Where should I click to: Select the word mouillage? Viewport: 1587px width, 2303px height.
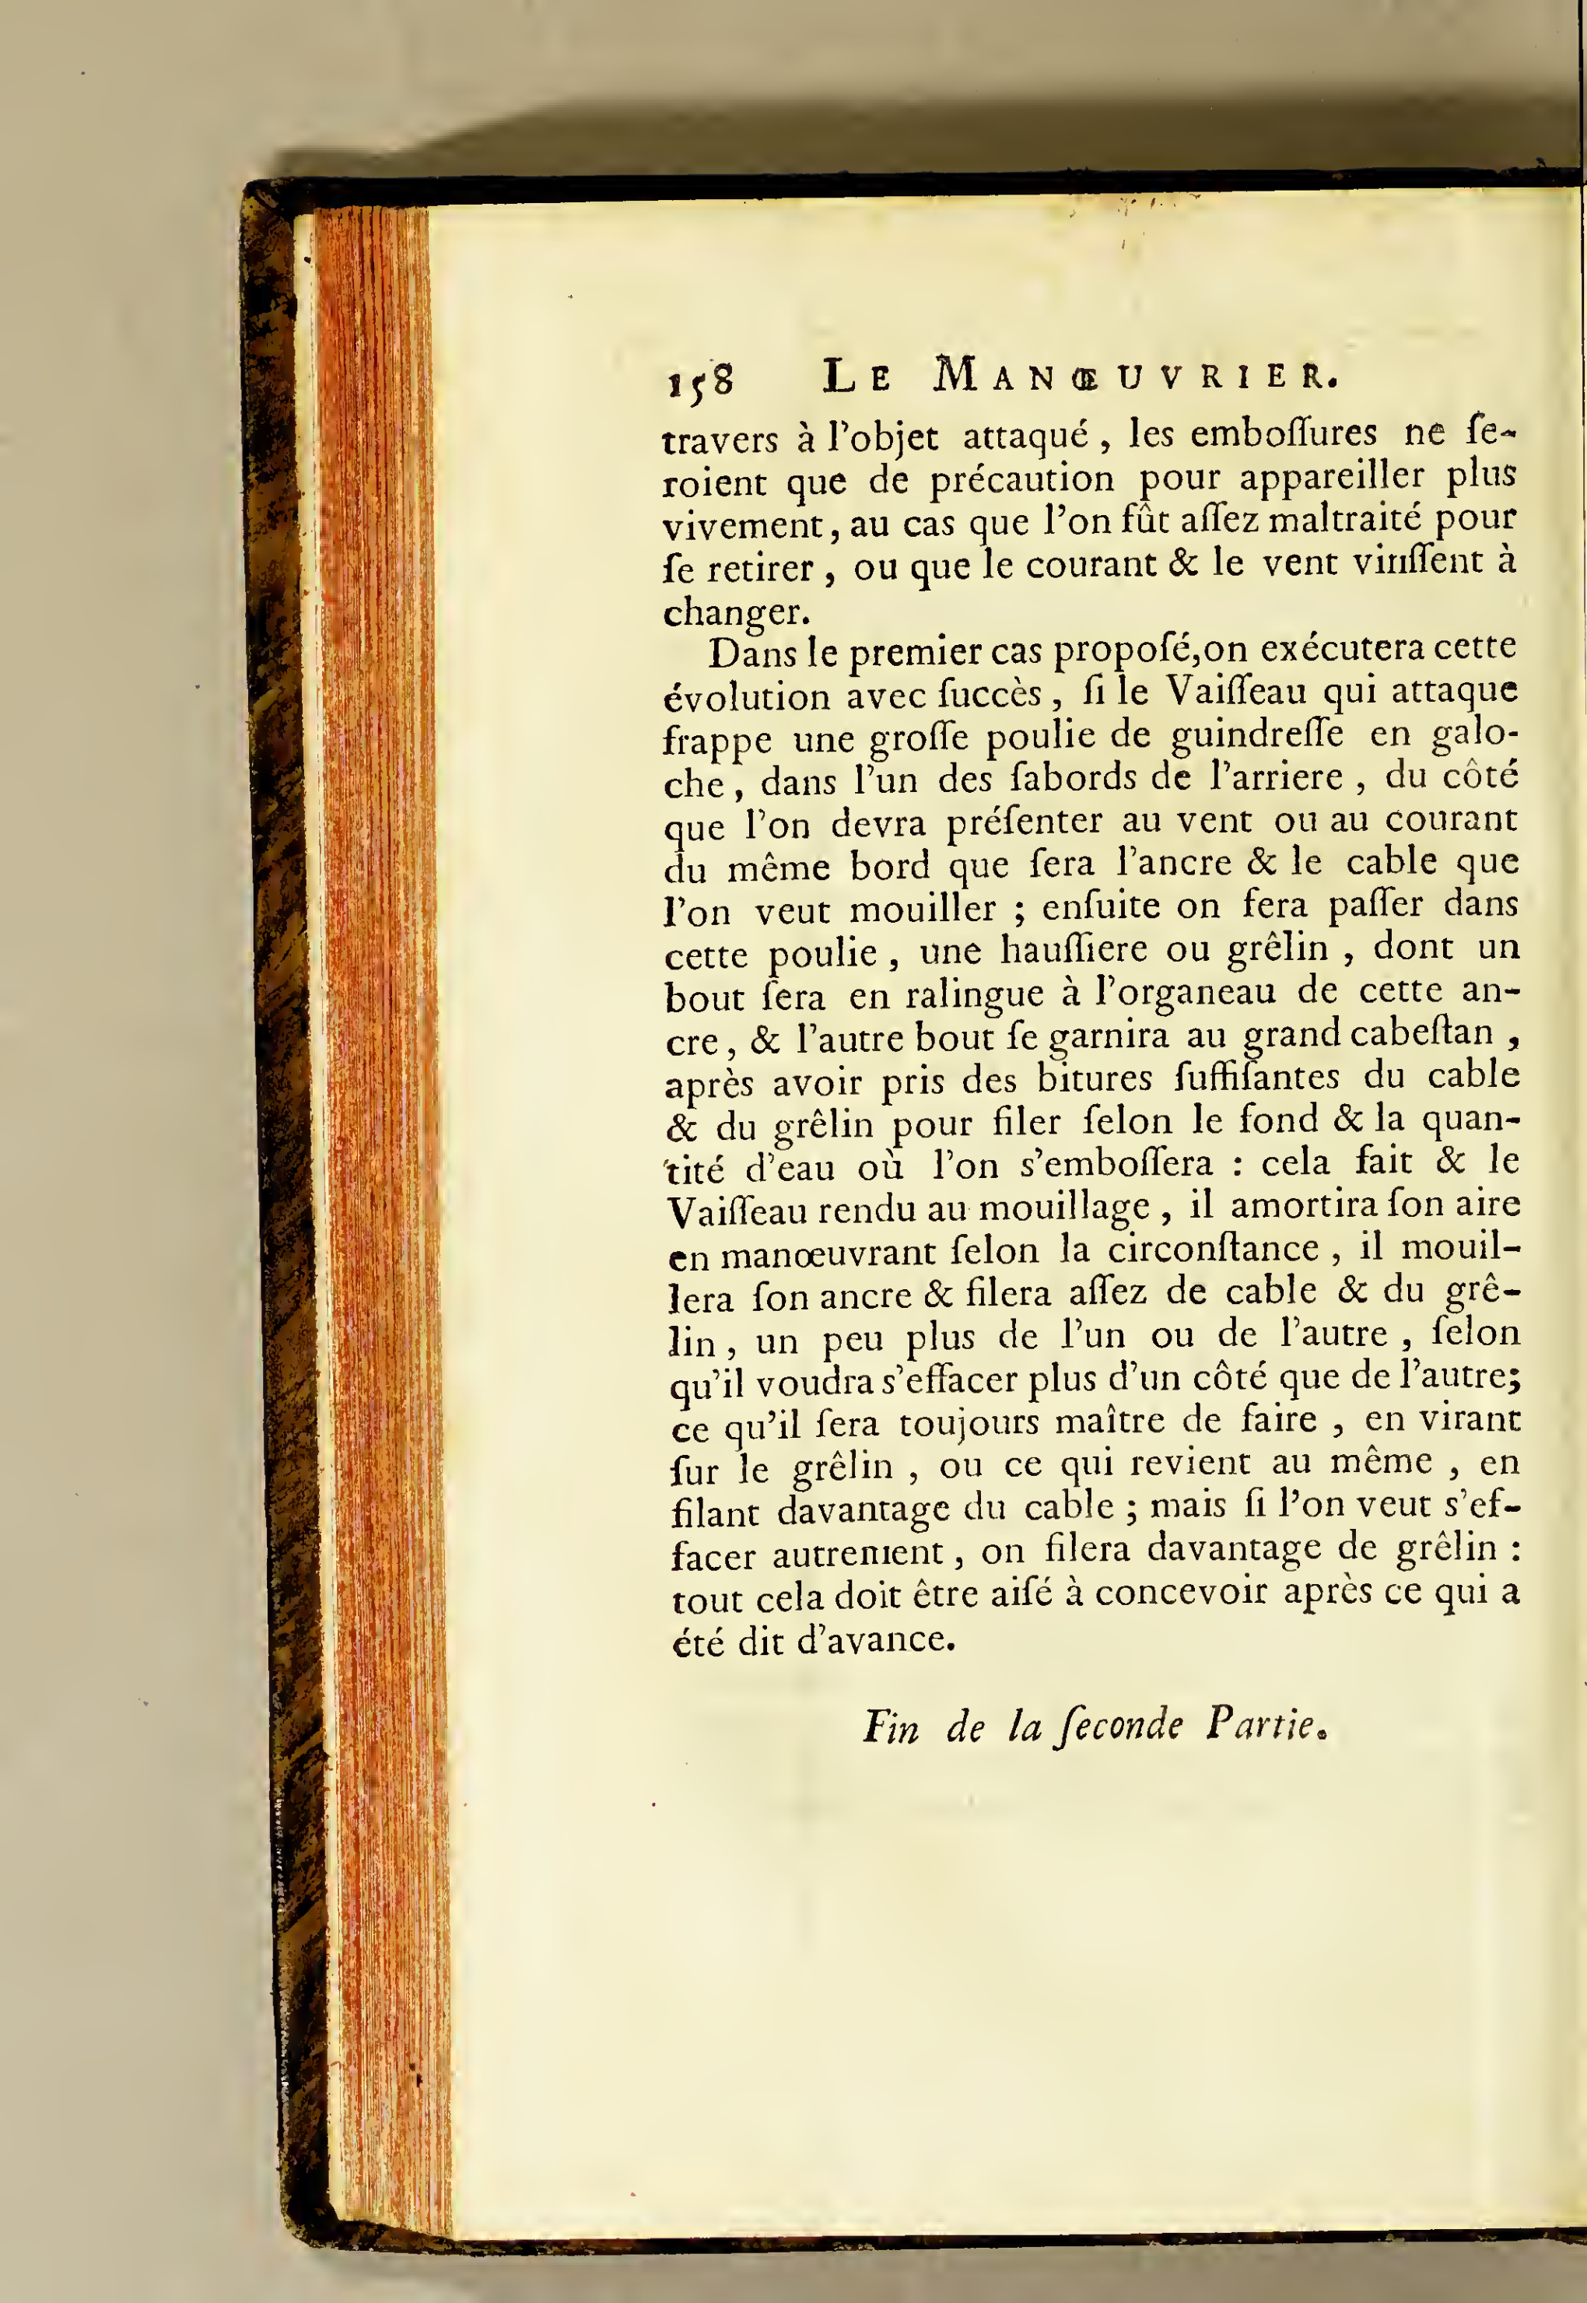pos(1064,1209)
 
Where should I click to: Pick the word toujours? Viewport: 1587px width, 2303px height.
pos(966,1424)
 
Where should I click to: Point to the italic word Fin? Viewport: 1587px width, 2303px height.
pos(891,1726)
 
